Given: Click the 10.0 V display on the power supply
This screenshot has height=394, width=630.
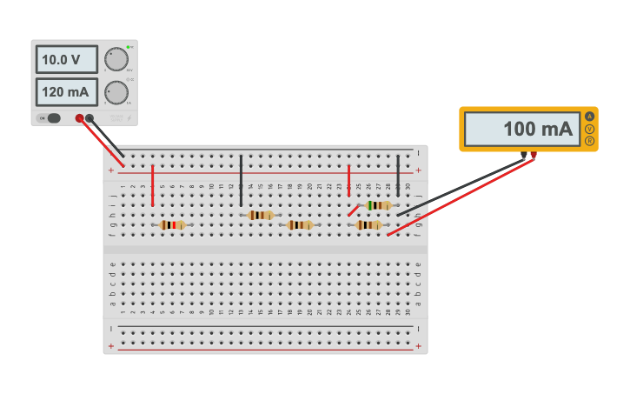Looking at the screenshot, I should tap(66, 59).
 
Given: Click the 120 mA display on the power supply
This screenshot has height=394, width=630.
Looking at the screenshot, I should tap(66, 91).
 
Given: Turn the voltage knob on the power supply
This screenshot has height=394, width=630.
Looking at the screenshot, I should tap(116, 59).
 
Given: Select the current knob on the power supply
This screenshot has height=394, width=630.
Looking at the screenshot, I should tap(116, 92).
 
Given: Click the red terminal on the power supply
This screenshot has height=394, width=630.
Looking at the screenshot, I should tap(79, 118).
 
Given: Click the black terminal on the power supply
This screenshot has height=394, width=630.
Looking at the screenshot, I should tap(90, 118).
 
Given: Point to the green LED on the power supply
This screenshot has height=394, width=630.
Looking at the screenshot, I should tap(128, 46).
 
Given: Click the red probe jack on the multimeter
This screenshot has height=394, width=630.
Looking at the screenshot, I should tap(534, 156).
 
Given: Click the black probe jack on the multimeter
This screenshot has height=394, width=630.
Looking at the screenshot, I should tap(524, 156).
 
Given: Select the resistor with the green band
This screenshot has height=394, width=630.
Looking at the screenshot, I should tap(379, 205).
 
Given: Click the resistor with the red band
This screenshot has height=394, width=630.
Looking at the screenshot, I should tap(172, 224).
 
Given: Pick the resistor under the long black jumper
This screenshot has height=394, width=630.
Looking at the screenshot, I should tap(260, 215).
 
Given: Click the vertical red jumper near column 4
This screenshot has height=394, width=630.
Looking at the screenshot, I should tap(152, 185).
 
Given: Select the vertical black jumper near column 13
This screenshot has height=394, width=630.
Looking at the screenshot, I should tap(241, 181).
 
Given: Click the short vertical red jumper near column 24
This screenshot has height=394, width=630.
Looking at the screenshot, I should tap(348, 180).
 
